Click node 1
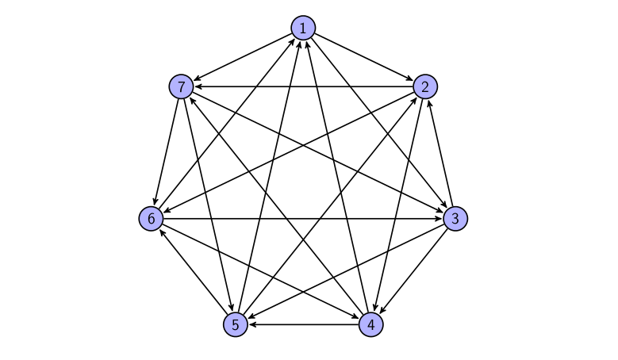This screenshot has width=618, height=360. coord(303,28)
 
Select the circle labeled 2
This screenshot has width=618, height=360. coord(425,86)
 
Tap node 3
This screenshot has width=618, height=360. coord(455,219)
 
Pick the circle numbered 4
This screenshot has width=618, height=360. coord(370,324)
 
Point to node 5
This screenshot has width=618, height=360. coord(236,324)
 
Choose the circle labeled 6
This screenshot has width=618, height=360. coord(151,219)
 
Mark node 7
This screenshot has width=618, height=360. coord(181,86)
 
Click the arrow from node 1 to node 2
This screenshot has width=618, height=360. coord(364,58)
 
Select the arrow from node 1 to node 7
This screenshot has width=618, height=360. coord(242,58)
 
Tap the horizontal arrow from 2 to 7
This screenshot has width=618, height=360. coord(303,86)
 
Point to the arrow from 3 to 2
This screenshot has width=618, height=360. coord(440,153)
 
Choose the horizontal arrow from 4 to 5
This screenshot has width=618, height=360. coord(303,324)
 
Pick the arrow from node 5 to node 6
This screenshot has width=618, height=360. coord(193,272)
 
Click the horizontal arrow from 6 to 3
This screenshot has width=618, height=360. coord(303,219)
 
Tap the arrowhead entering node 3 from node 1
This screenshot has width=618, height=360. coord(443,204)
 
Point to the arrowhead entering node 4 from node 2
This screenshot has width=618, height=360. coord(375,307)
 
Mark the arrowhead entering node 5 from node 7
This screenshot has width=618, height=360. coord(232,307)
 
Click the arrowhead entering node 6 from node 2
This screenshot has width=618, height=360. coord(167,211)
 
